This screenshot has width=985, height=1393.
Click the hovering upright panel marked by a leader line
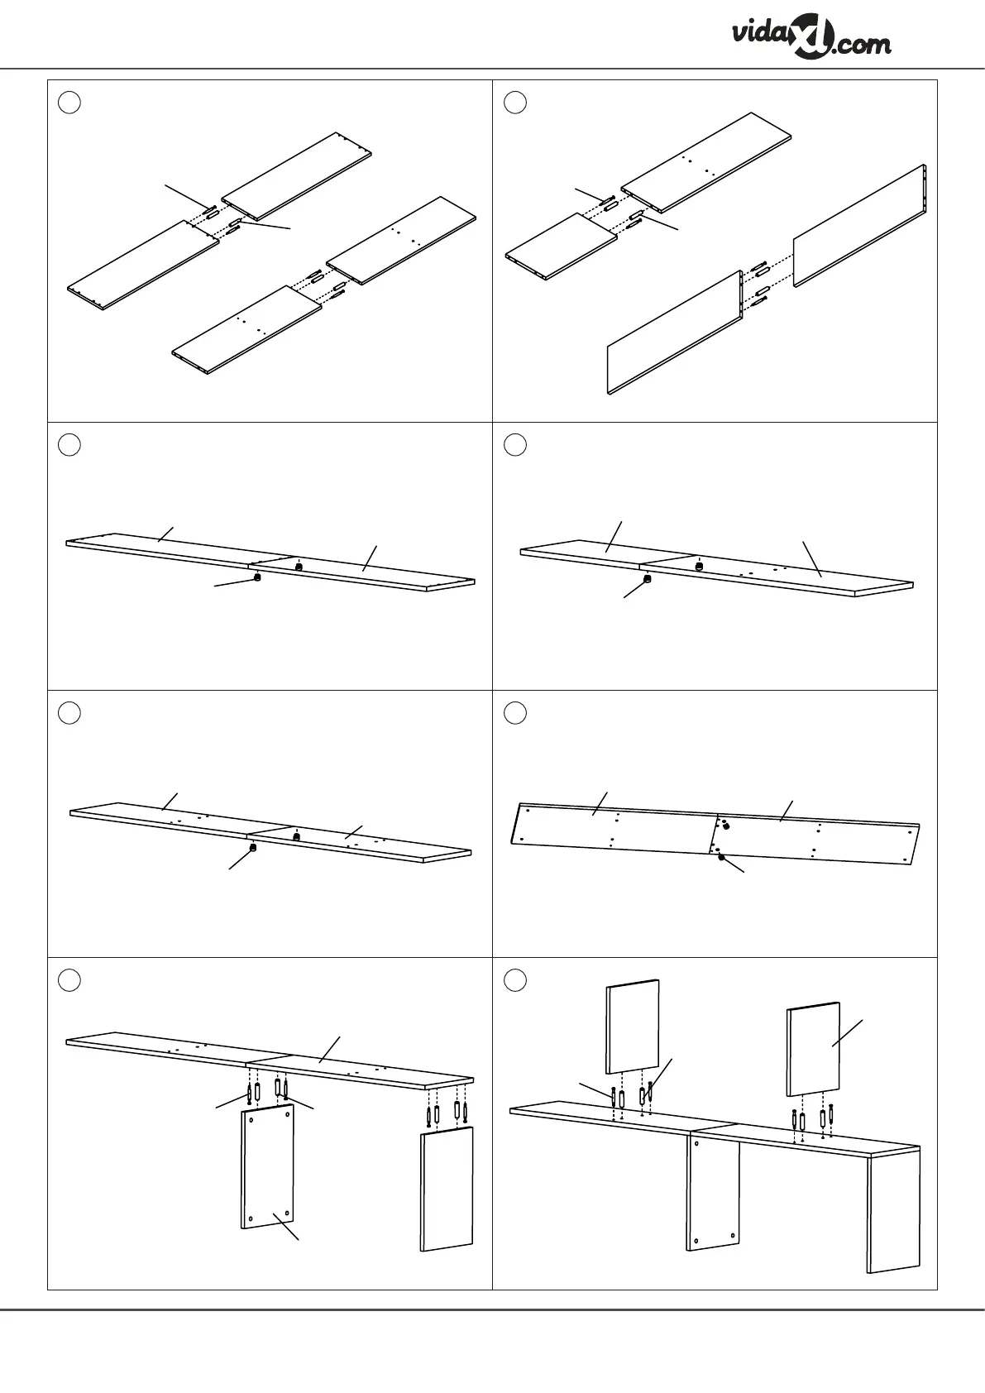click(814, 1049)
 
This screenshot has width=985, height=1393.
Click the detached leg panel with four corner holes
click(267, 1168)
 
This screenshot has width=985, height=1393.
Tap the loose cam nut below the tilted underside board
click(721, 857)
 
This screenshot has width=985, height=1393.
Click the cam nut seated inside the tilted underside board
click(725, 825)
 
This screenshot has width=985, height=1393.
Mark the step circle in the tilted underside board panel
click(514, 712)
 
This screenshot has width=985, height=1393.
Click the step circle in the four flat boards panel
click(70, 102)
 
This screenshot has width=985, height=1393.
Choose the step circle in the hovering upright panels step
click(514, 980)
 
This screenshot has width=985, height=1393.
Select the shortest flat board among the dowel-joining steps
click(562, 246)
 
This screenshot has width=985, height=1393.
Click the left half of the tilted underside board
click(612, 823)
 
